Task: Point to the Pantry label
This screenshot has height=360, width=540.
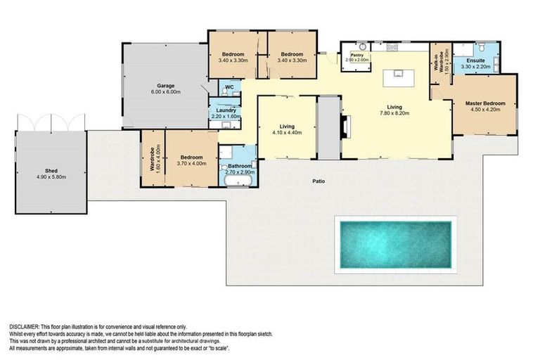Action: tap(357, 55)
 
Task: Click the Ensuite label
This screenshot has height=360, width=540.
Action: tap(474, 62)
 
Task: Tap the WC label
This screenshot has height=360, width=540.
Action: tap(228, 88)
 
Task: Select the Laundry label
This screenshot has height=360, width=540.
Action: tap(226, 110)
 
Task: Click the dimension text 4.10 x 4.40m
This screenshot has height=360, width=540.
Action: tap(286, 133)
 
